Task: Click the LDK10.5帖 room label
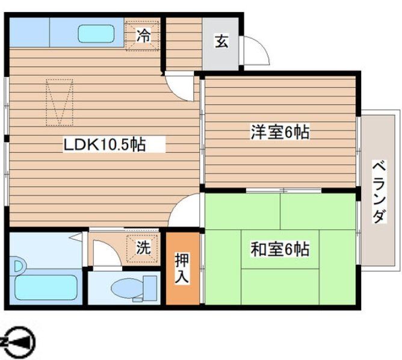tap(105, 145)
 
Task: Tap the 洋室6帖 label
tap(280, 133)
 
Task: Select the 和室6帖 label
tap(280, 248)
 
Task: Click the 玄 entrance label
tap(221, 42)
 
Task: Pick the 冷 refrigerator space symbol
tap(143, 36)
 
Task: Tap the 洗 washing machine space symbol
tap(142, 247)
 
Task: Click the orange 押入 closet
tap(182, 268)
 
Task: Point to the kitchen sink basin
tap(95, 33)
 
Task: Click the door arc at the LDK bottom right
tap(187, 211)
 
